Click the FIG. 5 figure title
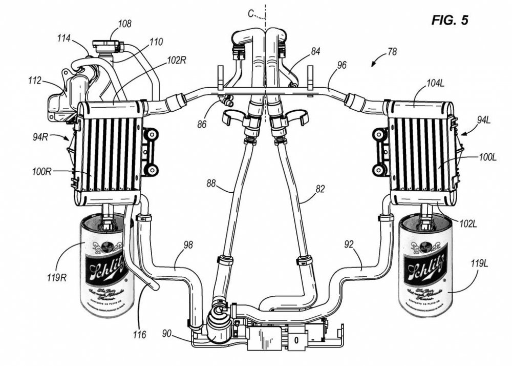pos(450,21)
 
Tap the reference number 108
pos(124,24)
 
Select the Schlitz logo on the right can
pos(423,268)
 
